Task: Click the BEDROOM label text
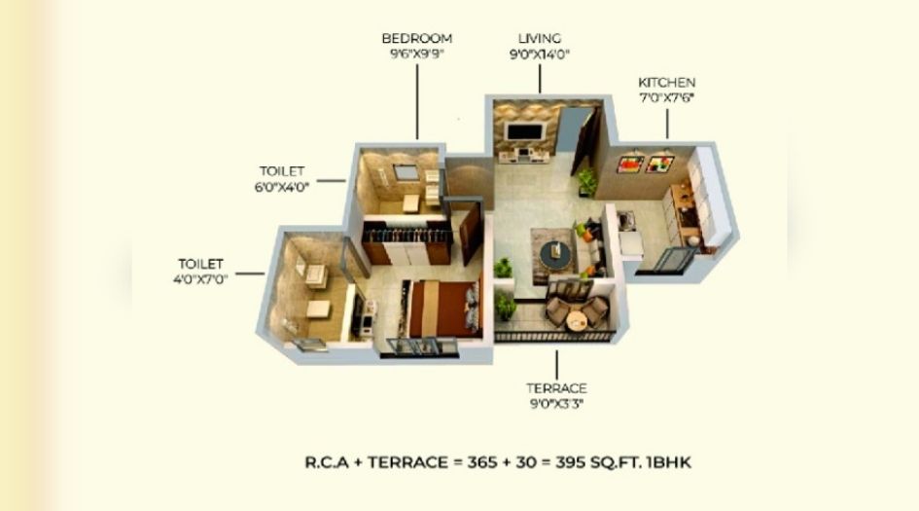coord(416,38)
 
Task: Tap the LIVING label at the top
coord(540,38)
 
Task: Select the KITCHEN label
coord(666,83)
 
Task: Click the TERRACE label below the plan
coord(557,388)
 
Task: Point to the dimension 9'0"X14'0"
coord(540,55)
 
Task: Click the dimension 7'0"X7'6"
coord(666,99)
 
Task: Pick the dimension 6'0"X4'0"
coord(281,187)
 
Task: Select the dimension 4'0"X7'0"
coord(200,280)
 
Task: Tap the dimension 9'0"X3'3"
coord(557,404)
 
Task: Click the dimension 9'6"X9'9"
coord(416,55)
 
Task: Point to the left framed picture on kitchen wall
coord(630,162)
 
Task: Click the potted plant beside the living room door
coord(586,180)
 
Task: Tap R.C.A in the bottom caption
coord(327,463)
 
